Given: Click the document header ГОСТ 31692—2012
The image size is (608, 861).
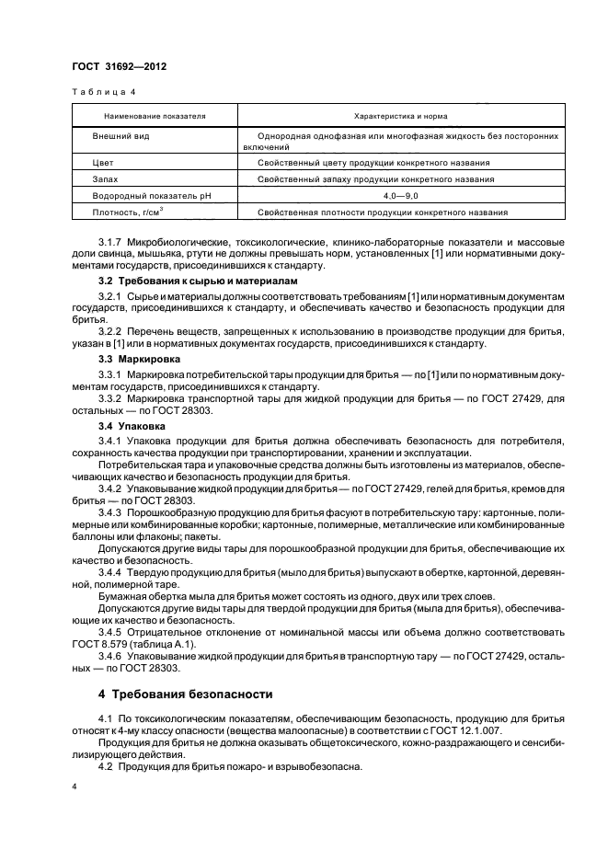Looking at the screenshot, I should coord(115,67).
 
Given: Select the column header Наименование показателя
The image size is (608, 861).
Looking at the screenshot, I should coord(155,117).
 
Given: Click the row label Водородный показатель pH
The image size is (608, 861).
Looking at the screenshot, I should coord(144,196).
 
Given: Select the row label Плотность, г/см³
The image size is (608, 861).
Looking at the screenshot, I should coord(129,213).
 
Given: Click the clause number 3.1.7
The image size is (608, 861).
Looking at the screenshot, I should coord(112,242).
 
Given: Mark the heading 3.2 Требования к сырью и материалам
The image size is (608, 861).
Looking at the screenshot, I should coord(187,280).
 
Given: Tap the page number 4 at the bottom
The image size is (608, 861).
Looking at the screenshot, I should coord(75,787).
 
